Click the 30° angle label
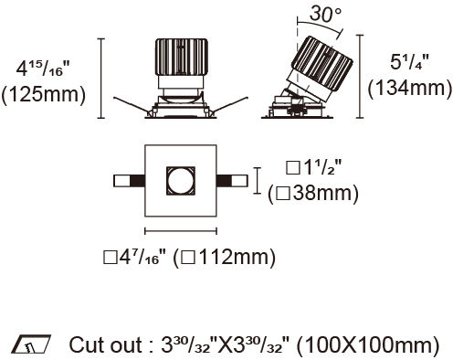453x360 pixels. coord(325,15)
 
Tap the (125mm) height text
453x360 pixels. coord(44,94)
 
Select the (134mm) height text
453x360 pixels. coord(410,88)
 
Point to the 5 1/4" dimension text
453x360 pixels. coord(409,62)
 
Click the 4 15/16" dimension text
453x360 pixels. coord(43,69)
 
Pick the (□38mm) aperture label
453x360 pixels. coord(313,194)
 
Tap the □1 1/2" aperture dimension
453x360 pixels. coord(314,167)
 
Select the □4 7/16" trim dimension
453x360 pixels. coord(135,258)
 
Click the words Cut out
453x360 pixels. coord(106,345)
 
